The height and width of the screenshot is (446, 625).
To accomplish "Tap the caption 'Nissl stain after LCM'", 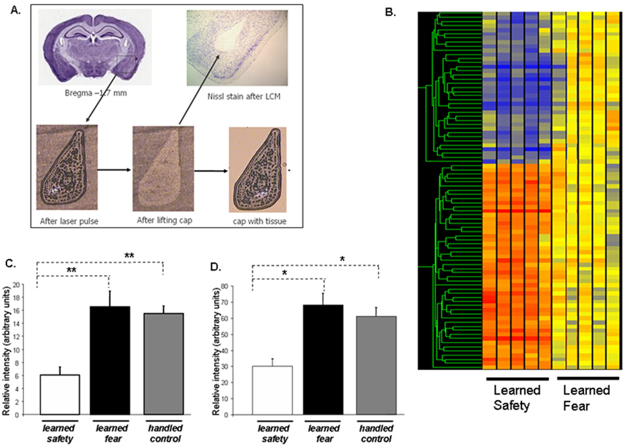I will point(237,97).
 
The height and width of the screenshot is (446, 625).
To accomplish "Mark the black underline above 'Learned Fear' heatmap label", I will point(588,378).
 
